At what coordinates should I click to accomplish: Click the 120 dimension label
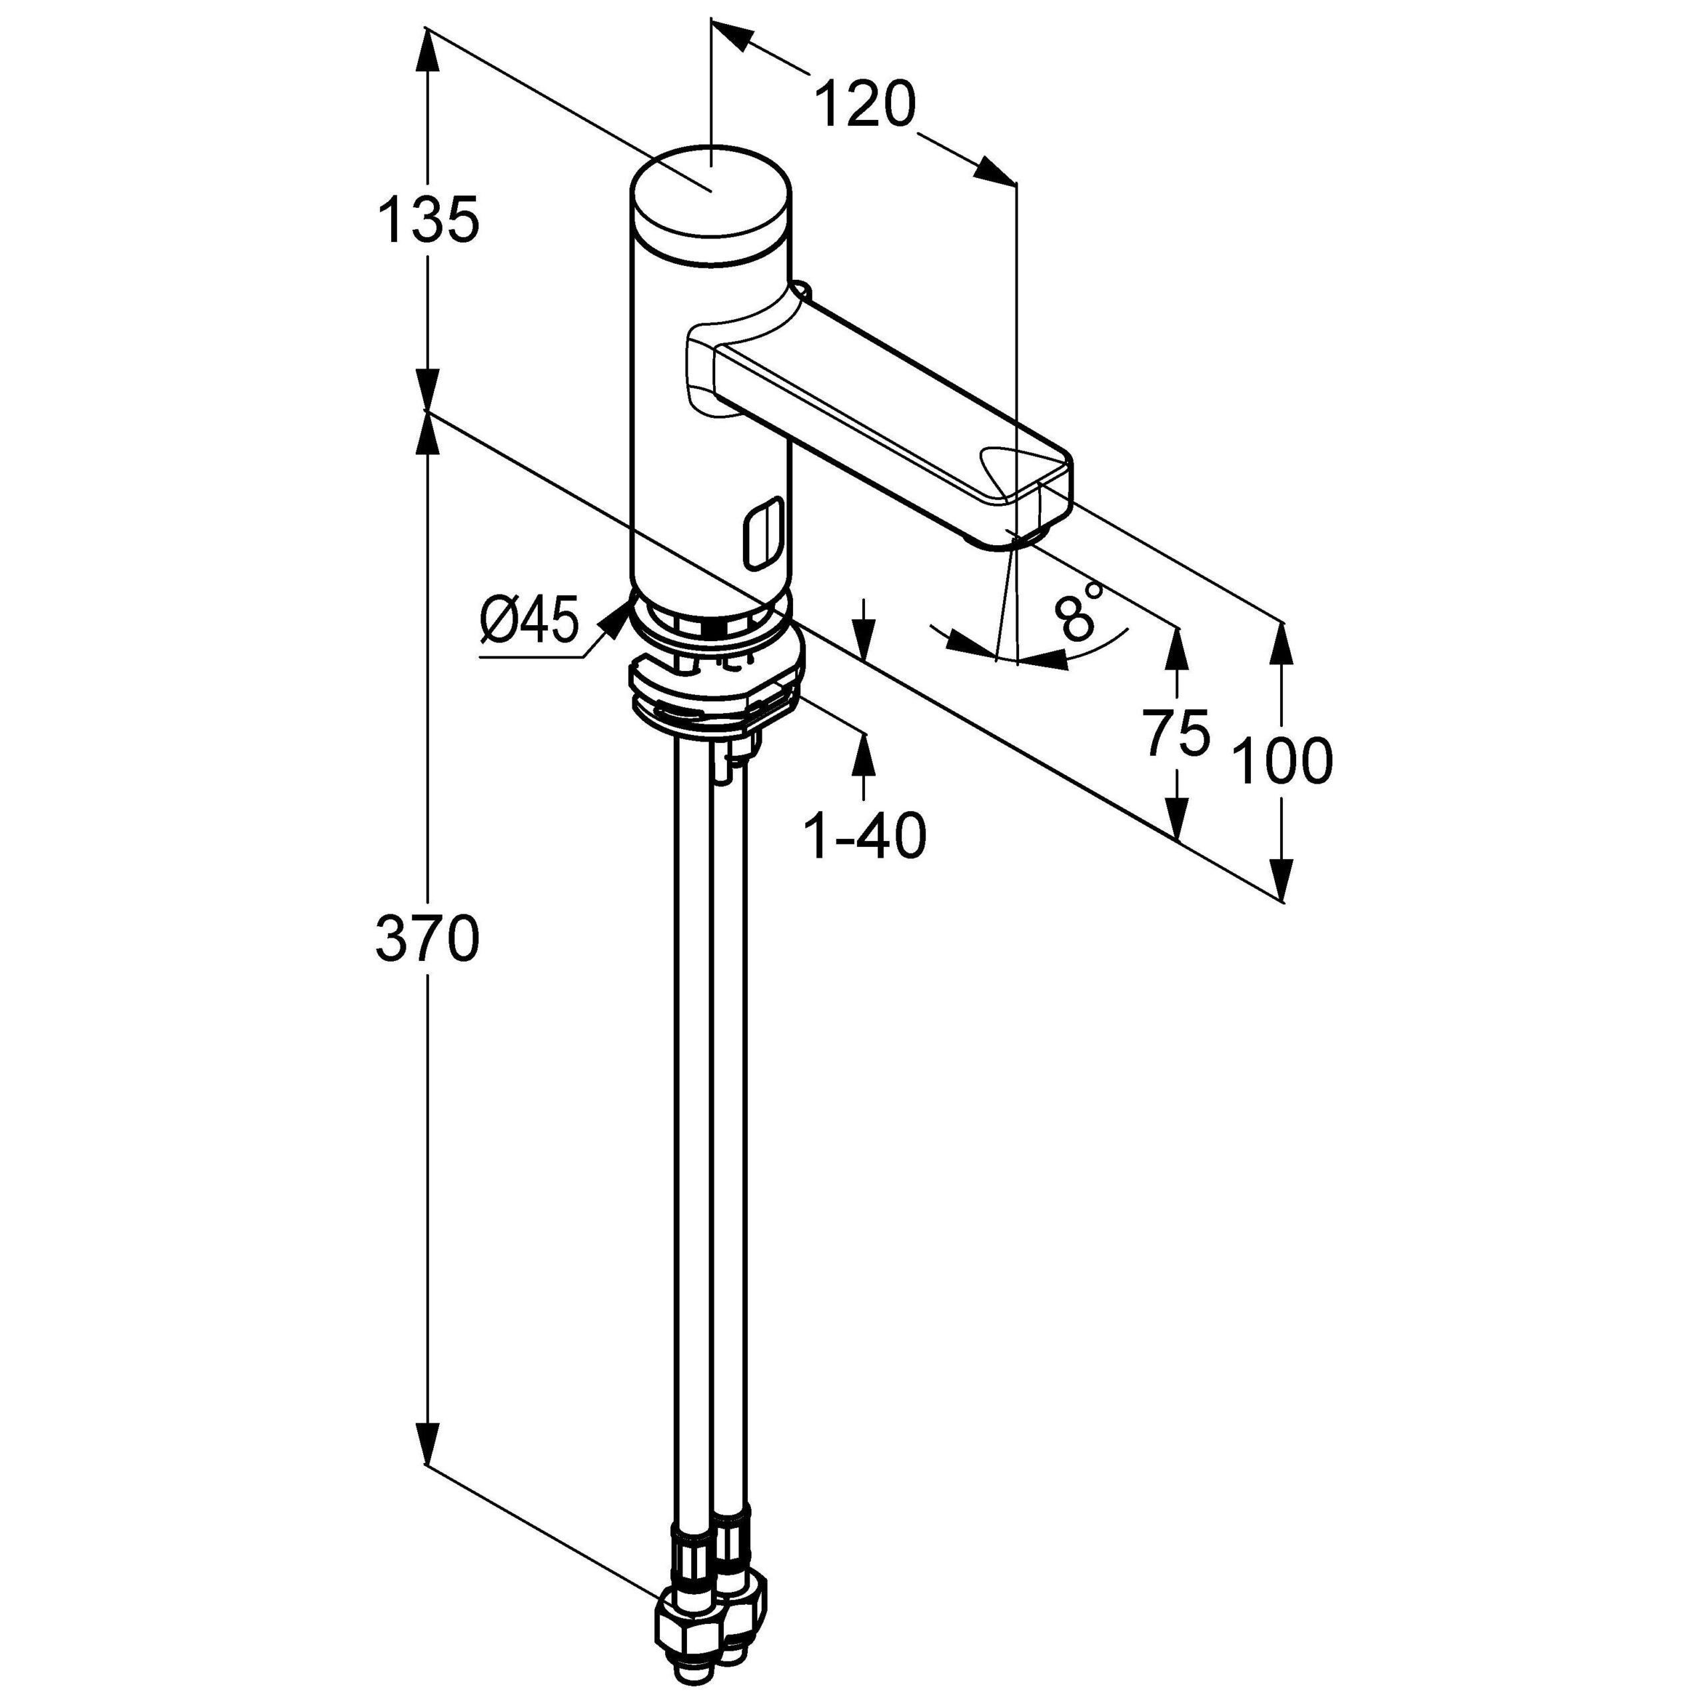point(864,104)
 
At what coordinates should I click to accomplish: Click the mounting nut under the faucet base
point(715,694)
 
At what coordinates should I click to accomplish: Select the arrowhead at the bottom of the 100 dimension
point(1282,878)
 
